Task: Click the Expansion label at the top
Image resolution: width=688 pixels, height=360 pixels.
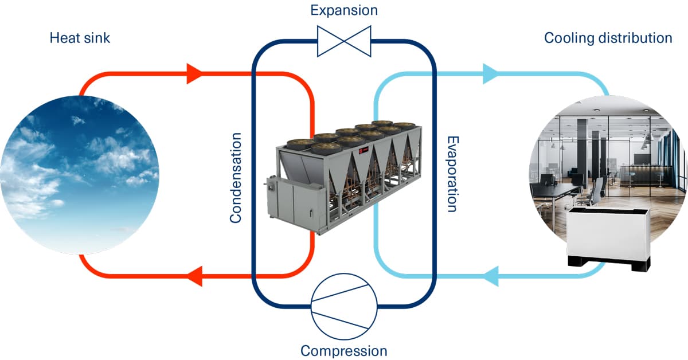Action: coord(344,10)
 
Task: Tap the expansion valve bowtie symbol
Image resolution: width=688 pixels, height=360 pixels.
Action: coord(344,41)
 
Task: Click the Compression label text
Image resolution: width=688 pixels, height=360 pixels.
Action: coord(344,350)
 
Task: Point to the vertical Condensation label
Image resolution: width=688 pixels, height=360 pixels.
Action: coord(236,178)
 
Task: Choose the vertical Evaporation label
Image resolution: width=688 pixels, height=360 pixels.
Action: coord(452,174)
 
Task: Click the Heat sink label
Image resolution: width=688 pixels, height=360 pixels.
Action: coord(80,38)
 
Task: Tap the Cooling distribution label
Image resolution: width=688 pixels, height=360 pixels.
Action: coord(608,38)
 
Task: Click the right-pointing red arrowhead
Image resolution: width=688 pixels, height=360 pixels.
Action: coord(194,73)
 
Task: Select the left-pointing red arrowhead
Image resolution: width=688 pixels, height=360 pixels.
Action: coord(194,276)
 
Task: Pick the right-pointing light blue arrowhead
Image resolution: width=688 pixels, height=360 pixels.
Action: coord(490,73)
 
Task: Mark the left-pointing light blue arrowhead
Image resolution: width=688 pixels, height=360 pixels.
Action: coord(490,276)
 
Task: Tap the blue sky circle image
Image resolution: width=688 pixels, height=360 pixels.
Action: coord(80,175)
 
